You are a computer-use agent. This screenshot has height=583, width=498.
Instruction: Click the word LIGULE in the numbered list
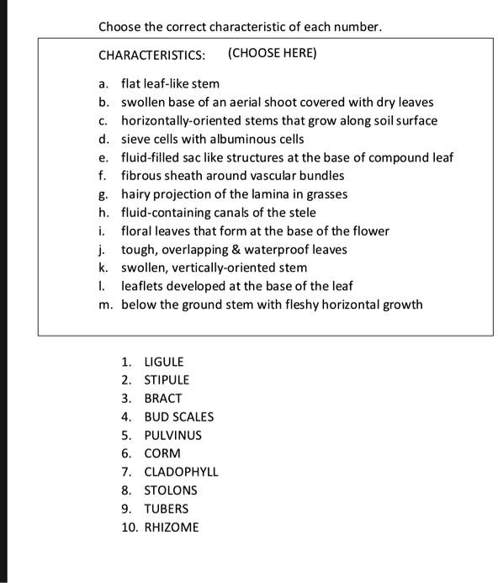[163, 362]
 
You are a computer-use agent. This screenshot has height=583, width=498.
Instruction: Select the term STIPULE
[167, 380]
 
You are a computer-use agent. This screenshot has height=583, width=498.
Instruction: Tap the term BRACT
[163, 399]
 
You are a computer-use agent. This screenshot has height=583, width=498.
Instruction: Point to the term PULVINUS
[172, 436]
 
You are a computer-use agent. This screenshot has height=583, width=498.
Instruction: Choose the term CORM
[162, 453]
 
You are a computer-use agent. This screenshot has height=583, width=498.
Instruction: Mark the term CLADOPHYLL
[181, 472]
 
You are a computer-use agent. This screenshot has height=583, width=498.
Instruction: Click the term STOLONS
[170, 490]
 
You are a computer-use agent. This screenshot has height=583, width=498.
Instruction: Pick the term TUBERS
[166, 509]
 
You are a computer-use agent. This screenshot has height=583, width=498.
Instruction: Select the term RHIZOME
[172, 527]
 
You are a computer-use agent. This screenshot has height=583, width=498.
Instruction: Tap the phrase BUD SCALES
[178, 417]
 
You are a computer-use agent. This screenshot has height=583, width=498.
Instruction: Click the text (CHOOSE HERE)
[272, 54]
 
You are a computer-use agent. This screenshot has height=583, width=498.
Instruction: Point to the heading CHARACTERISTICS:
[151, 55]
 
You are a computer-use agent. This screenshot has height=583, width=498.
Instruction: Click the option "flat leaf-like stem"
[170, 84]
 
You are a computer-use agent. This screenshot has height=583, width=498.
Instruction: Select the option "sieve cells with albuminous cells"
[213, 139]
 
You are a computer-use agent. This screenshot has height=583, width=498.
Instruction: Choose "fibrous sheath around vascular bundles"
[232, 176]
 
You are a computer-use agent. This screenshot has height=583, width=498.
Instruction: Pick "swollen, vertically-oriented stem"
[214, 268]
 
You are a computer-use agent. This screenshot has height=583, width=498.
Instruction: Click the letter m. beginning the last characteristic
[104, 305]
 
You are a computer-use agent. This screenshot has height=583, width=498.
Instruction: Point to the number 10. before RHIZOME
[129, 527]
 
